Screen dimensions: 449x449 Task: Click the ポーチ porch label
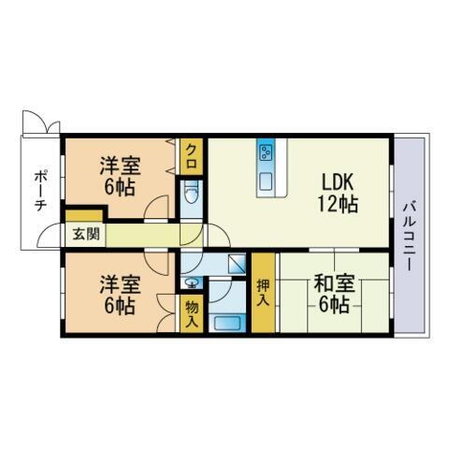(x=41, y=191)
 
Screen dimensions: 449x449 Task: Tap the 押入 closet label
(x=263, y=293)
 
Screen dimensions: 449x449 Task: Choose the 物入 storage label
(x=191, y=313)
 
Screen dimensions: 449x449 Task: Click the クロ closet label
(x=192, y=152)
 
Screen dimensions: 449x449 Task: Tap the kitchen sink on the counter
(x=266, y=180)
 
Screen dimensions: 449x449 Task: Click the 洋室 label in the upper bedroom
(x=121, y=167)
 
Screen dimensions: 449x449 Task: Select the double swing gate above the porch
(x=40, y=123)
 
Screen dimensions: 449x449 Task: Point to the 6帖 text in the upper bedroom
(x=121, y=187)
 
